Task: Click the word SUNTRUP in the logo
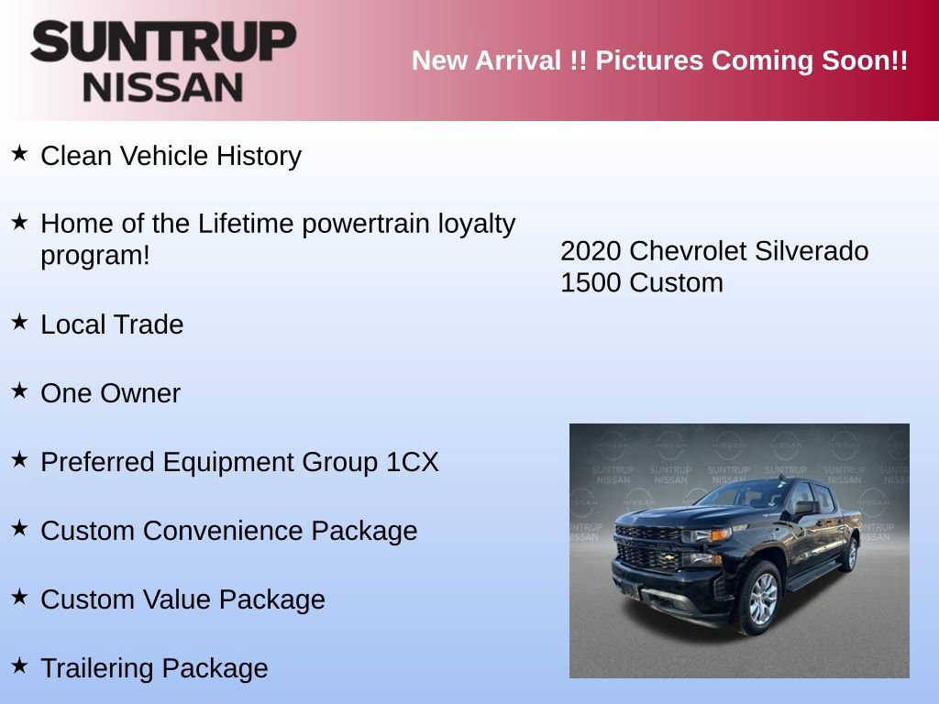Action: coord(163,42)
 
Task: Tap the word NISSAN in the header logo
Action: coord(163,87)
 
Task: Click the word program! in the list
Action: coord(94,256)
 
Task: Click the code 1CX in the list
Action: coord(413,463)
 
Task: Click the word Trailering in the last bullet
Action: coord(97,669)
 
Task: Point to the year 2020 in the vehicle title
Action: coord(591,251)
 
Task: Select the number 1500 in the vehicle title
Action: coord(591,283)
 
